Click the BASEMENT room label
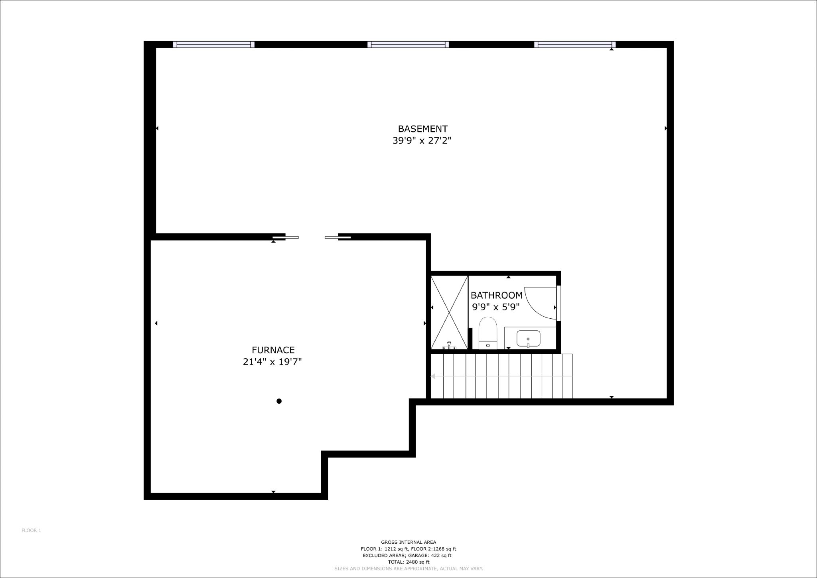click(422, 129)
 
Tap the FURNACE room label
click(273, 350)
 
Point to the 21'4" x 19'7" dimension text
click(272, 362)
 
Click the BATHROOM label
click(496, 295)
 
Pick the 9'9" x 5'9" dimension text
click(496, 307)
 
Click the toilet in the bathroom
click(487, 333)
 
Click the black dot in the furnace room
click(279, 401)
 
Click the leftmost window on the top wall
click(214, 44)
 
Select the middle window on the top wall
click(408, 44)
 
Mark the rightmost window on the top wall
click(574, 44)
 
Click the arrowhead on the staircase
click(433, 376)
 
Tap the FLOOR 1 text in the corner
click(31, 530)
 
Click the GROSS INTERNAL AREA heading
click(408, 542)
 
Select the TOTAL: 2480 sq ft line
click(408, 562)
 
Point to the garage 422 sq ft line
click(407, 555)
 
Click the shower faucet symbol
click(449, 345)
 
